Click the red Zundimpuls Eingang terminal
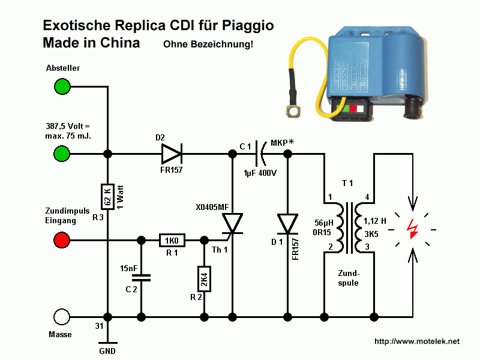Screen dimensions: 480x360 coord(62,240)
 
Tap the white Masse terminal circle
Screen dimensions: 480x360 coord(62,317)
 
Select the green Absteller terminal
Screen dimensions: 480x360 coord(62,86)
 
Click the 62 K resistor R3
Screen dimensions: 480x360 coord(108,197)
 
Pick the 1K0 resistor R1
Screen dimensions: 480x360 coord(172,241)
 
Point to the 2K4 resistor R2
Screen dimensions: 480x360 coord(204,279)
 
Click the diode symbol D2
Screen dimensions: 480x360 coord(172,154)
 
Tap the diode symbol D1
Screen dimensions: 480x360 coord(287,224)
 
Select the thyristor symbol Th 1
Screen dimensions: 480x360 coord(232,224)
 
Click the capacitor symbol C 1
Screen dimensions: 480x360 coord(260,153)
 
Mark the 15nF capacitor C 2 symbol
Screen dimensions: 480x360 coord(141,278)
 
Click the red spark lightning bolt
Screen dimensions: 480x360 coord(412,229)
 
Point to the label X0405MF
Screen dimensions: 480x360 coord(212,207)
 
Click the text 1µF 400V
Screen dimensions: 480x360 coord(260,173)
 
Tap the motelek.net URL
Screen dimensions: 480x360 coord(417,341)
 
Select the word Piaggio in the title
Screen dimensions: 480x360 coord(248,26)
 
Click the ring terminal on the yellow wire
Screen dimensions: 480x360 coord(293,111)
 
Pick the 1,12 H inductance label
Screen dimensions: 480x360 coord(374,221)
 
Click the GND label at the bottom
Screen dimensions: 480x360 coord(107,351)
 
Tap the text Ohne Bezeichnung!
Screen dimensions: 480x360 coord(208,44)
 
